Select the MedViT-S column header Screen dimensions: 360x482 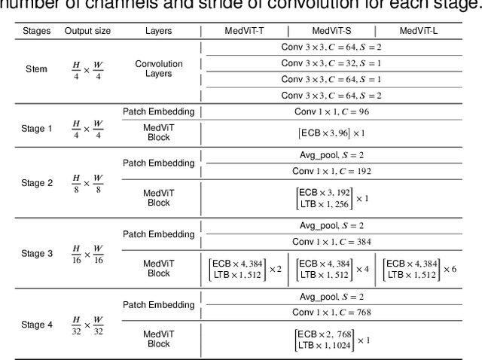[332, 31]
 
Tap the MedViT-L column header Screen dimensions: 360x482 [419, 31]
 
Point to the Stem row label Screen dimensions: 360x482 [35, 69]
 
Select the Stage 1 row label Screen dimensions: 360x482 [37, 128]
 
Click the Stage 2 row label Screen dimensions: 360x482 [37, 183]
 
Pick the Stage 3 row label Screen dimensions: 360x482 [37, 254]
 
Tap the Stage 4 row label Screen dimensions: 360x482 [37, 325]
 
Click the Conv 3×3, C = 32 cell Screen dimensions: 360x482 [331, 63]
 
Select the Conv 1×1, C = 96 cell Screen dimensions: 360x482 [331, 111]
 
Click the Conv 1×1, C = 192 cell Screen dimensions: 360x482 [331, 171]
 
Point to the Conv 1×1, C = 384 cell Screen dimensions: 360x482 [331, 241]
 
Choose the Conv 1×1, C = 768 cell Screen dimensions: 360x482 [331, 312]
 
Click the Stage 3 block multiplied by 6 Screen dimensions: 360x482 [419, 269]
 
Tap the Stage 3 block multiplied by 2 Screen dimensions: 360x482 [245, 269]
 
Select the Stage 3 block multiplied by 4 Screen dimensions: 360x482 [332, 269]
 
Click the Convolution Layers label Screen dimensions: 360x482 [159, 69]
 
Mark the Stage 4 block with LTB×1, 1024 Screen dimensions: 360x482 [332, 340]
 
